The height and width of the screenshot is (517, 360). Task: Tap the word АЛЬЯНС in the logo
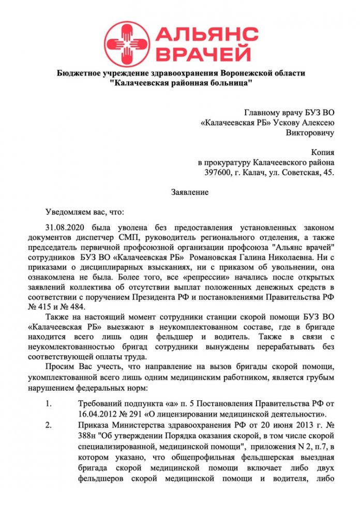pyautogui.click(x=206, y=35)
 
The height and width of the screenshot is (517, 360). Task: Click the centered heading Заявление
pyautogui.click(x=190, y=192)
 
